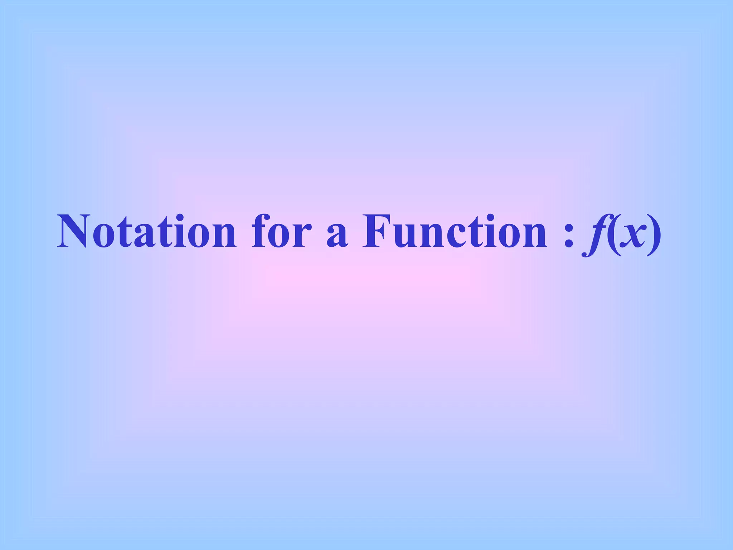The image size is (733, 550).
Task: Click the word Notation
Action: point(147,232)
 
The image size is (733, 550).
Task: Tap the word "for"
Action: point(278,232)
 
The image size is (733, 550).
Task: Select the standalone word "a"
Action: point(337,237)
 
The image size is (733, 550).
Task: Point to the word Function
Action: point(455,232)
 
